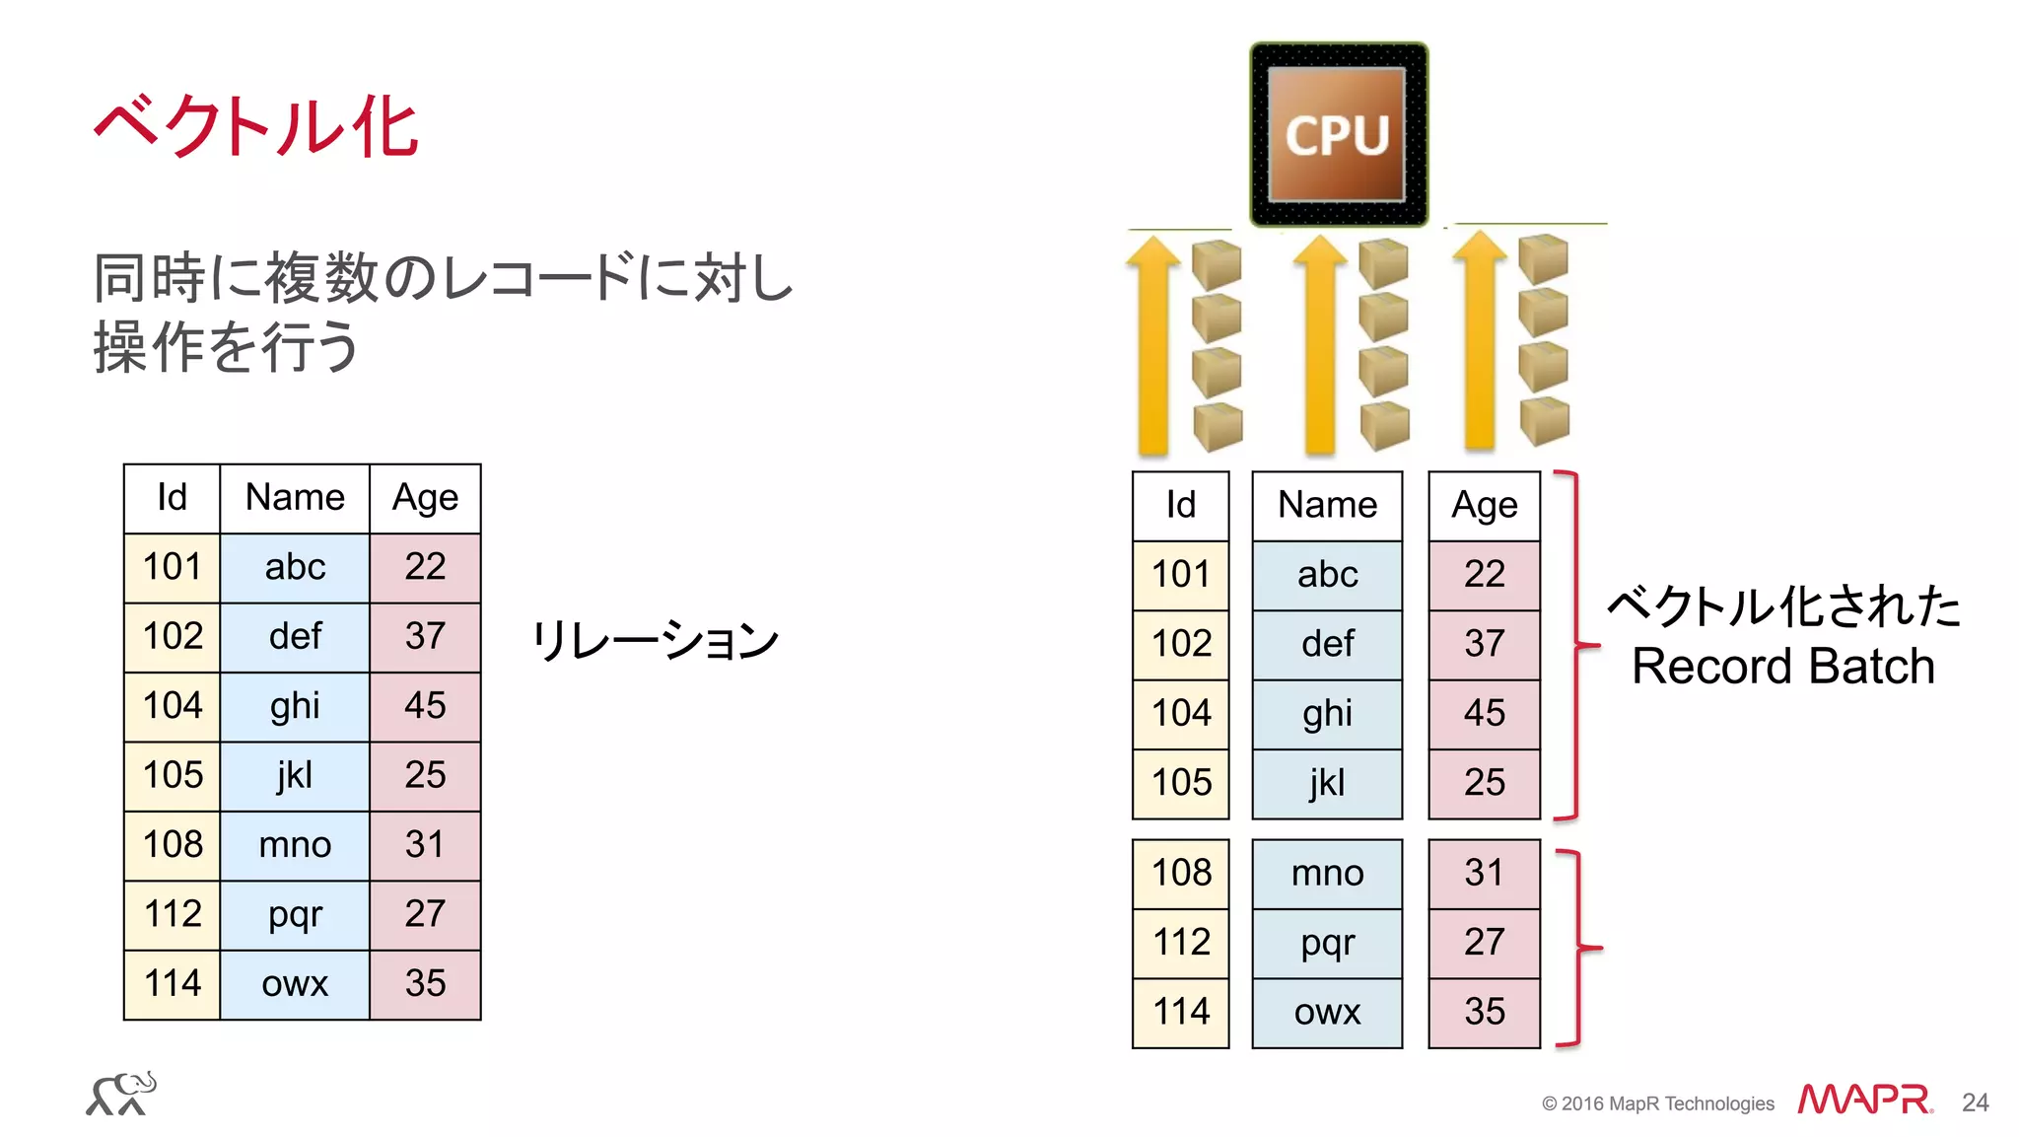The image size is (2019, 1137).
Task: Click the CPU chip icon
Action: pos(1338,134)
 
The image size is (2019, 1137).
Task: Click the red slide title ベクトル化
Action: pos(256,127)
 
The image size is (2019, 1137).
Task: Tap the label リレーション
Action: pos(655,640)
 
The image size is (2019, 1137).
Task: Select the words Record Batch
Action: pos(1782,667)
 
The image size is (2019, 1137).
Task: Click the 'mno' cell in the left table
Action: pos(295,845)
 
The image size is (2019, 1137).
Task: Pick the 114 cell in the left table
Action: pos(173,983)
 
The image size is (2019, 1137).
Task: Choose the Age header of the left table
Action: pos(425,498)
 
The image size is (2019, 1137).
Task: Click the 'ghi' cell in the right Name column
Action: pos(1327,713)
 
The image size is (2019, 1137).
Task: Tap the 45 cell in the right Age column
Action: pos(1484,713)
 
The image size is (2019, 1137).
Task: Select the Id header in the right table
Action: pos(1180,506)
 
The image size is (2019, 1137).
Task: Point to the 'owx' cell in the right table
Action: pos(1327,1012)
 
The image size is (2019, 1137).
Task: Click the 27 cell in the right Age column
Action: pos(1484,943)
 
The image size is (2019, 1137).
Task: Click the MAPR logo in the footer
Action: pos(1863,1100)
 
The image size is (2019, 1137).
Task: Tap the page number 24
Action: pos(1975,1102)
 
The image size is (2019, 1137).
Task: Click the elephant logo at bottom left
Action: pos(121,1094)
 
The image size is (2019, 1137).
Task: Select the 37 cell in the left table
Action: pos(425,636)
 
